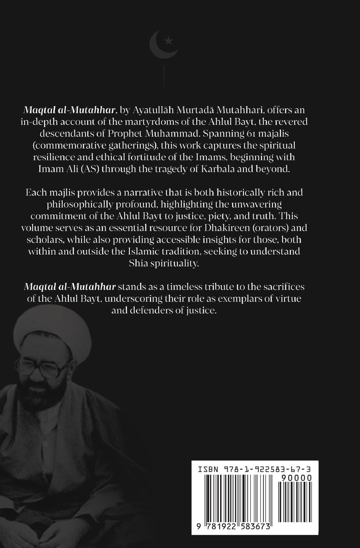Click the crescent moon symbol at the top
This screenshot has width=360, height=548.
pos(157,46)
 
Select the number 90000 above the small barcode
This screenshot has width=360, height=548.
pos(296,478)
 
